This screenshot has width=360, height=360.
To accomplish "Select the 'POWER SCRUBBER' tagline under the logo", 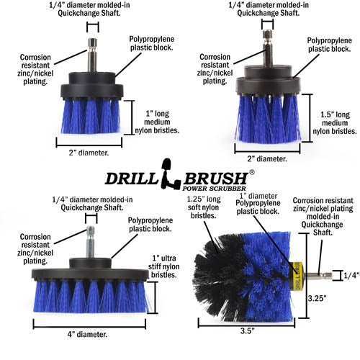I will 212,192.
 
